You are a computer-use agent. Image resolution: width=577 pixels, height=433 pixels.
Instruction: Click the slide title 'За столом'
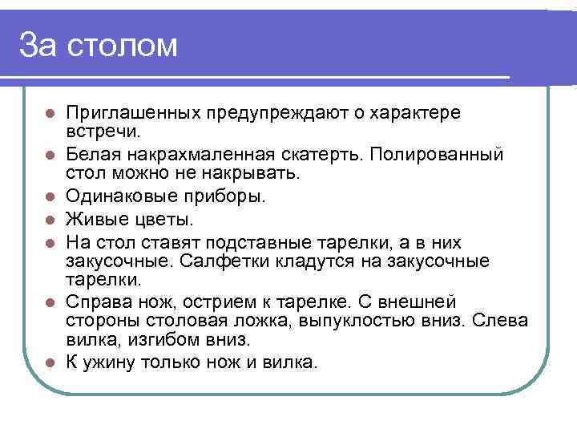98,45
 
